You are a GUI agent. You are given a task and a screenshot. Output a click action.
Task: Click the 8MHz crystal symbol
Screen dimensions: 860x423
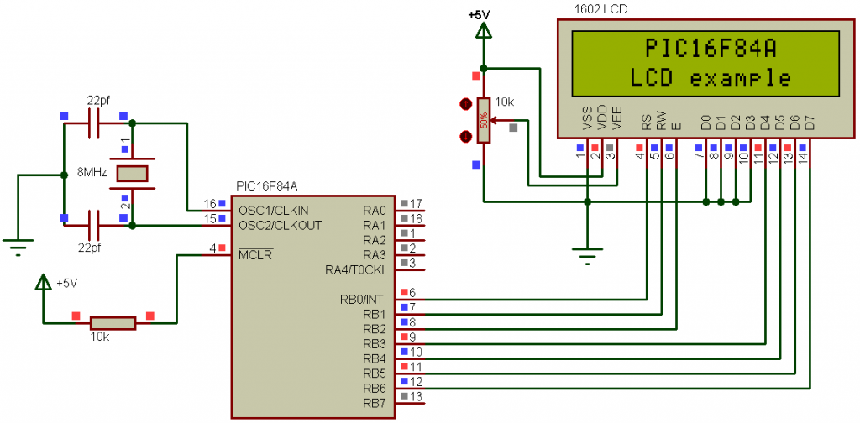pos(132,174)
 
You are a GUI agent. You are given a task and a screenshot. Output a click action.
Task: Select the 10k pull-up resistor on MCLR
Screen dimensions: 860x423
pos(113,323)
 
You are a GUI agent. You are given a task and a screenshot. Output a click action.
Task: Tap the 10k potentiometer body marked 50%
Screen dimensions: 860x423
pos(483,121)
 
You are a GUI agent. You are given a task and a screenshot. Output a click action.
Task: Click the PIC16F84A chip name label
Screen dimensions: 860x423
pos(266,186)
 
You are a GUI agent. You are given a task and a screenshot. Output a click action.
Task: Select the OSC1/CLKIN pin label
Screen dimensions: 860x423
pos(273,211)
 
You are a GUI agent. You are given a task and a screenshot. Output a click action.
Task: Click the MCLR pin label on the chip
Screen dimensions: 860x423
pos(255,255)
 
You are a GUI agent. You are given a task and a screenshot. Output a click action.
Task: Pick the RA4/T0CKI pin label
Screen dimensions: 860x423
pos(354,269)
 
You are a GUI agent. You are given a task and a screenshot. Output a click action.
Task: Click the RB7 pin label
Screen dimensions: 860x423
pos(375,403)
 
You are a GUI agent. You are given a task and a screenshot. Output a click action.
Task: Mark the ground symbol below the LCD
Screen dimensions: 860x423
pos(587,255)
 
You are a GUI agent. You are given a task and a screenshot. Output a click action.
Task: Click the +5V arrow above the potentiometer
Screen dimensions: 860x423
pos(483,32)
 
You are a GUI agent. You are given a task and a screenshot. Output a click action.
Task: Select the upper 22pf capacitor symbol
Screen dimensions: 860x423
pos(94,123)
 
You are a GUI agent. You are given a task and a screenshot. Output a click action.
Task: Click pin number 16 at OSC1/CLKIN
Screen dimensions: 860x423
pos(210,204)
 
